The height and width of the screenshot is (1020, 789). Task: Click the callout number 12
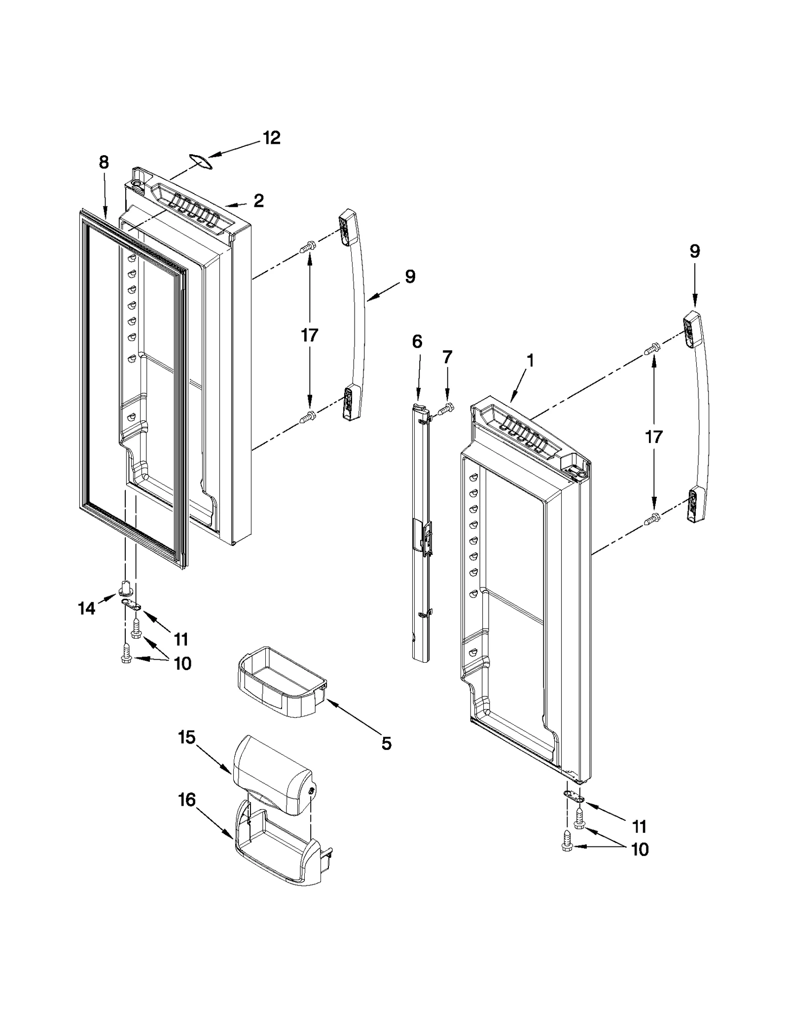tap(271, 137)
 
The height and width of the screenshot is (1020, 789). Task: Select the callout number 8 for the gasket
tap(104, 162)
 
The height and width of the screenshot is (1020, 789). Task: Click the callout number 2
tap(258, 200)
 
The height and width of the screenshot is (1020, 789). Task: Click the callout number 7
tap(447, 357)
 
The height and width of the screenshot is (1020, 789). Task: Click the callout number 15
tap(187, 738)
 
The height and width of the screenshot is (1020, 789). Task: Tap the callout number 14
tap(86, 609)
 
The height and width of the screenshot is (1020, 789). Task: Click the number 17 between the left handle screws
tap(310, 335)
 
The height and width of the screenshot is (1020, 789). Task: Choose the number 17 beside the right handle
tap(654, 437)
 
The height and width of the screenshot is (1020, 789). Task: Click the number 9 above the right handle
tap(694, 251)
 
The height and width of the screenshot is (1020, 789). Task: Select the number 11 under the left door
tap(181, 640)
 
